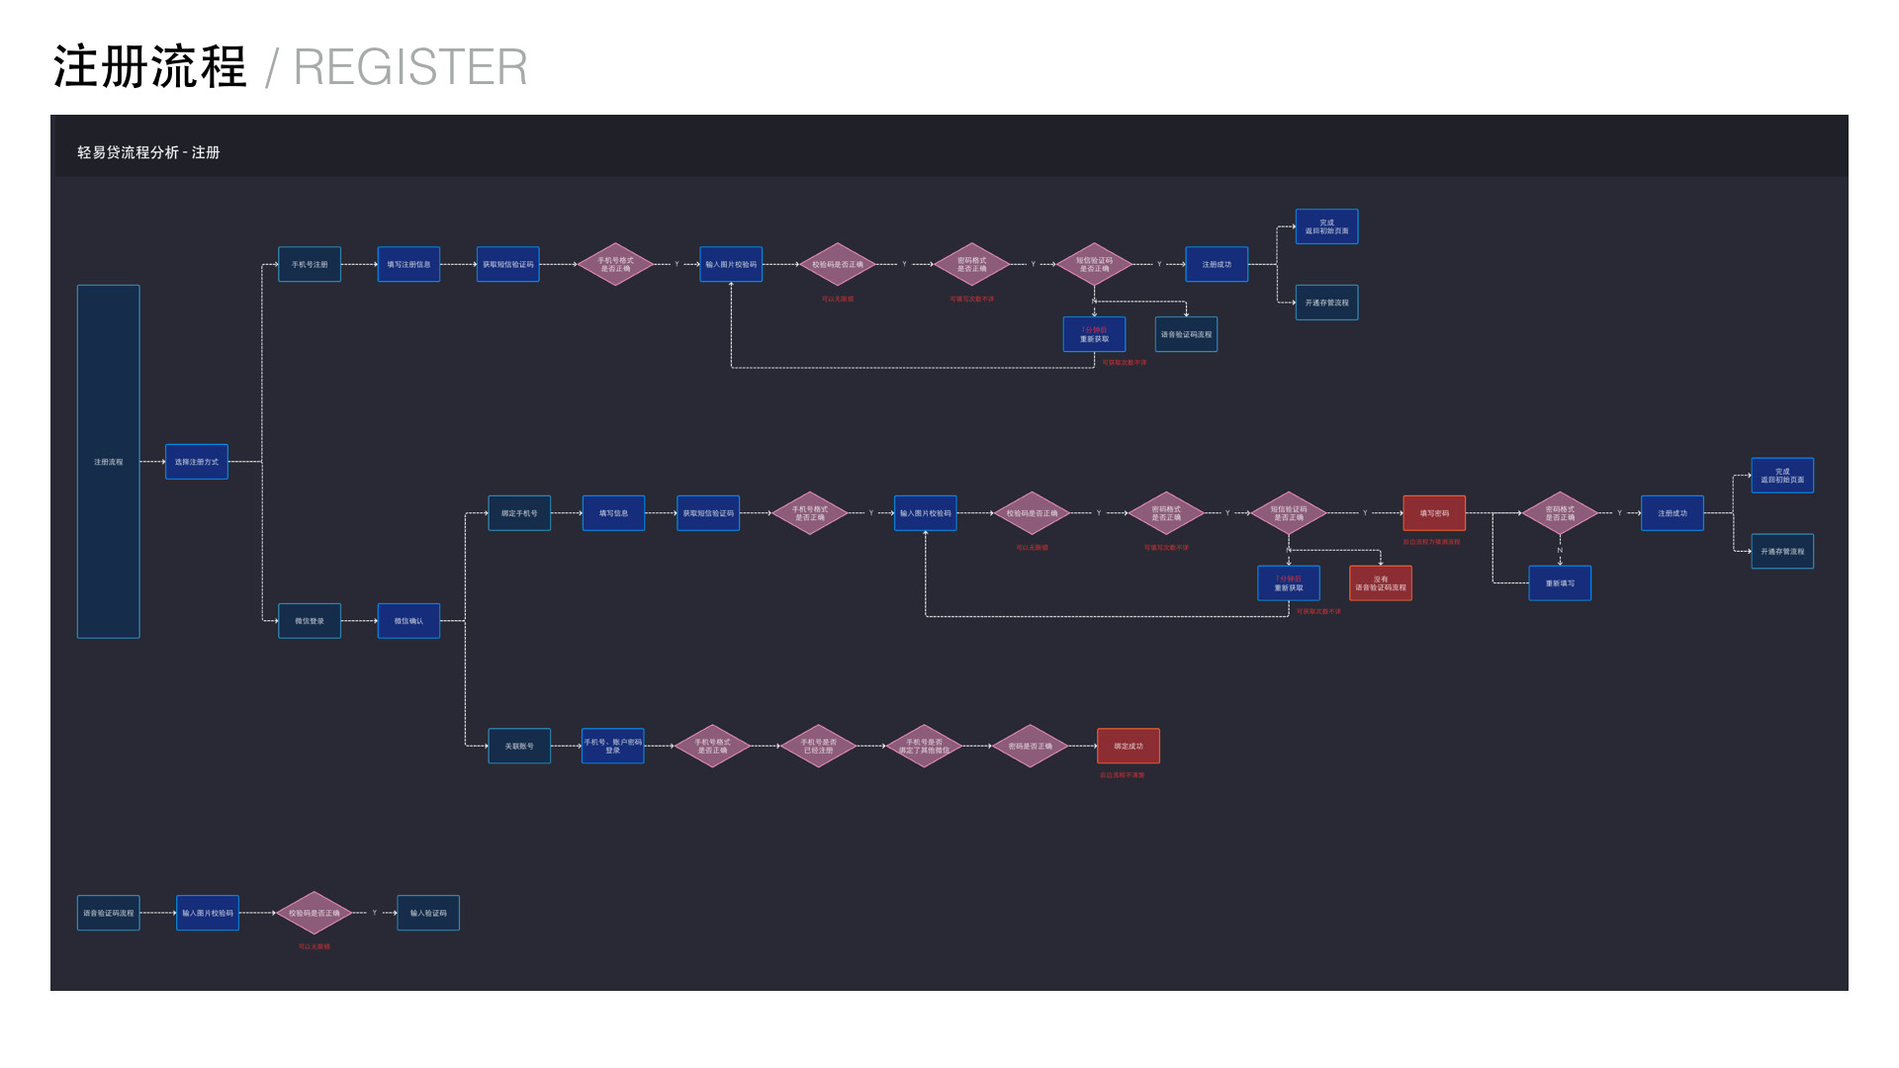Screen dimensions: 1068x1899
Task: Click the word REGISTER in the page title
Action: [x=410, y=67]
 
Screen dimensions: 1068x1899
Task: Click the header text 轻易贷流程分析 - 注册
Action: [x=148, y=152]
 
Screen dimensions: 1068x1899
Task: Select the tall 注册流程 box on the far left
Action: [x=109, y=462]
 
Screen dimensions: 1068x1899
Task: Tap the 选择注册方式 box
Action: [x=197, y=462]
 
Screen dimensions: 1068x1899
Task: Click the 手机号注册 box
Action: [x=310, y=264]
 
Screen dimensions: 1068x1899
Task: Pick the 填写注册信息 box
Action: [x=408, y=264]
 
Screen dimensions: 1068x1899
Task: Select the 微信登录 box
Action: [x=310, y=621]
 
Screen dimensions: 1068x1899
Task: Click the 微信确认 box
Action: [x=408, y=621]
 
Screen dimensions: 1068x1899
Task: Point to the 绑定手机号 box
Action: [x=519, y=513]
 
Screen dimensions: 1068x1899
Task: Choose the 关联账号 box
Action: [x=519, y=746]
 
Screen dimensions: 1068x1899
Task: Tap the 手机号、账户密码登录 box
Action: [x=613, y=746]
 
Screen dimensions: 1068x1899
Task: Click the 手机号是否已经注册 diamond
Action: [x=818, y=746]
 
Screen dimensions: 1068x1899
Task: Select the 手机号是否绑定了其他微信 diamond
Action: [x=924, y=746]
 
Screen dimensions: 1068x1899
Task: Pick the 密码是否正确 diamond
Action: [x=1030, y=746]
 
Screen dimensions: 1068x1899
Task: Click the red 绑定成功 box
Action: [x=1129, y=746]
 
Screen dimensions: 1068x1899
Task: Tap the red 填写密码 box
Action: [x=1434, y=513]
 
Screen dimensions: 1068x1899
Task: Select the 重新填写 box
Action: [x=1560, y=583]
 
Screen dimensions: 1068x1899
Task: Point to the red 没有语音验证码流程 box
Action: [x=1381, y=583]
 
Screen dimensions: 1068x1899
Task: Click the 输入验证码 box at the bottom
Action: [x=428, y=913]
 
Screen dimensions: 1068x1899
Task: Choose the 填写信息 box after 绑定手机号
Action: [x=613, y=513]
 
